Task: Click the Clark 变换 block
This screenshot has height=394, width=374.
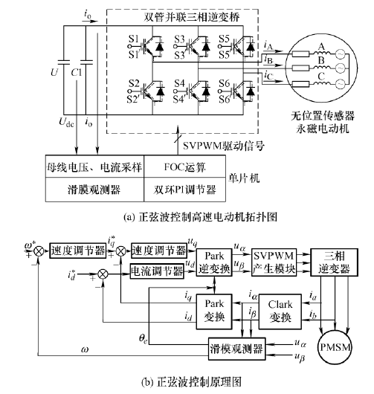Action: click(280, 311)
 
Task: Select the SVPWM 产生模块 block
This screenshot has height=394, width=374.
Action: click(274, 262)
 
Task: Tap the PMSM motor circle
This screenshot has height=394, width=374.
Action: click(335, 347)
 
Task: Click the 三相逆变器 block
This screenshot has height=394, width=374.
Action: click(334, 262)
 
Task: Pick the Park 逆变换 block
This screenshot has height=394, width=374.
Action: click(214, 262)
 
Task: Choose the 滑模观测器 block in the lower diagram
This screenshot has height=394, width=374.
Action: click(236, 349)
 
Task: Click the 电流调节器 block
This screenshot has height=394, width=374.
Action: click(157, 271)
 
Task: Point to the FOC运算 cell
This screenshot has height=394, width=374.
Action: click(184, 167)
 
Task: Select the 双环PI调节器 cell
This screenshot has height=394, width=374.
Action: click(184, 190)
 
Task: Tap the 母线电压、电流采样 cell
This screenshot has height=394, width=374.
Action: click(94, 167)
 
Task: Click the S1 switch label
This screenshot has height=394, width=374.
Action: click(134, 39)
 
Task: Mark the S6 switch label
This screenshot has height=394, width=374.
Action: click(225, 83)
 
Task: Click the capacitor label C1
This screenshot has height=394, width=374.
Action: click(76, 73)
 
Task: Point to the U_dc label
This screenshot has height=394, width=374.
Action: click(66, 122)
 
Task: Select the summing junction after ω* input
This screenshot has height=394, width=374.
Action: click(39, 251)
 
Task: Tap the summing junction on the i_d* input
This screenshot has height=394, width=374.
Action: click(103, 274)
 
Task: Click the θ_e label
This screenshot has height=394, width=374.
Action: click(144, 339)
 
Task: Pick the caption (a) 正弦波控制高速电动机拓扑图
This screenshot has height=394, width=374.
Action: click(200, 217)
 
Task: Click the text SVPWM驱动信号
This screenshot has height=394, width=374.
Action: click(224, 146)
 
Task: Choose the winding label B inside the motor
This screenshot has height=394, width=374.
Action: click(321, 60)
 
